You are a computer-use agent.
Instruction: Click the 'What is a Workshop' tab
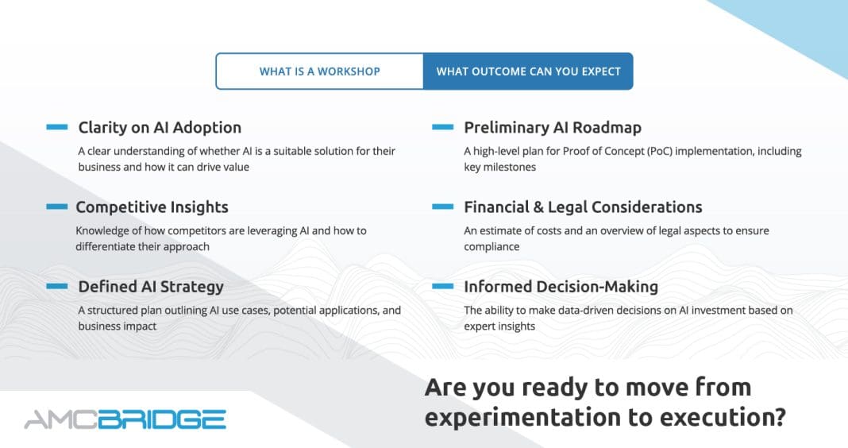pyautogui.click(x=320, y=71)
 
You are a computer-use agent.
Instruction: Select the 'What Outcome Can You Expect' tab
pyautogui.click(x=528, y=71)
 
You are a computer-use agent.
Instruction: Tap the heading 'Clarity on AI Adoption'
pyautogui.click(x=160, y=128)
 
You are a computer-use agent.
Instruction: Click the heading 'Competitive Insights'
pyautogui.click(x=152, y=207)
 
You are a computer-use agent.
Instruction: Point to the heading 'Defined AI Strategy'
pyautogui.click(x=151, y=287)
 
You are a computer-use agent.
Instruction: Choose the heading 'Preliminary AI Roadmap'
pyautogui.click(x=553, y=128)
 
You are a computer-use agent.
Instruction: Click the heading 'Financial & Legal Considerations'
pyautogui.click(x=583, y=207)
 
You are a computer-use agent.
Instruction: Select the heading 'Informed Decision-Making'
pyautogui.click(x=561, y=287)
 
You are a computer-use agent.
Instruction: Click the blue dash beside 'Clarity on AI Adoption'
pyautogui.click(x=57, y=127)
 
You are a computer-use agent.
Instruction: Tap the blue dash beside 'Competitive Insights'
pyautogui.click(x=57, y=207)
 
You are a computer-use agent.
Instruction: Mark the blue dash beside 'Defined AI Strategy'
pyautogui.click(x=57, y=286)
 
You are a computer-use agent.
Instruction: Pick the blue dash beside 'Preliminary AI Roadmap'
pyautogui.click(x=442, y=127)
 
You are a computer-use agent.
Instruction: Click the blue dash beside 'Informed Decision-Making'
pyautogui.click(x=442, y=286)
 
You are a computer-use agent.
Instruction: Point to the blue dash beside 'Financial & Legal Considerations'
pyautogui.click(x=442, y=207)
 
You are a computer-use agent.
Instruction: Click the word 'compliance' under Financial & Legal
pyautogui.click(x=491, y=247)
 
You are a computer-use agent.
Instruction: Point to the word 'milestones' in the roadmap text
pyautogui.click(x=510, y=167)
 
